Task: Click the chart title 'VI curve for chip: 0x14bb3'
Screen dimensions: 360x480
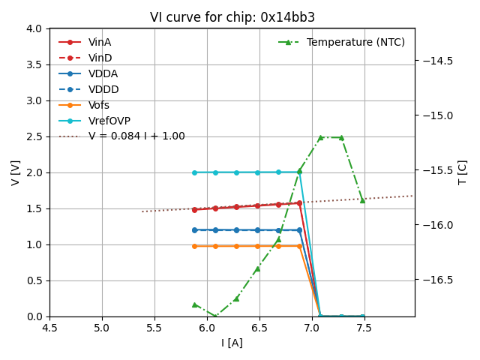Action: [232, 17]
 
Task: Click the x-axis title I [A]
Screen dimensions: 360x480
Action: [232, 343]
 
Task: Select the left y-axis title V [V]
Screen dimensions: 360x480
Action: [16, 172]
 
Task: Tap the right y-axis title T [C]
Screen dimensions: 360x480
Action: [463, 172]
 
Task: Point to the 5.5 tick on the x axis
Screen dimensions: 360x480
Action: [154, 328]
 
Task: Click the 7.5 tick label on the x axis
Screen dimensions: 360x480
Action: [364, 328]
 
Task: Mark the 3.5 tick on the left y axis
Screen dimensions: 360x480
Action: [35, 64]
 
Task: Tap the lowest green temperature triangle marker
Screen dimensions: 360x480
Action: [215, 316]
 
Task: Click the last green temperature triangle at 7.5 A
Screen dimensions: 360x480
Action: [362, 200]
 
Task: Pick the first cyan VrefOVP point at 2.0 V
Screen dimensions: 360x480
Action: [194, 172]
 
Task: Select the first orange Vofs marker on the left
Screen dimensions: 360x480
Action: [194, 246]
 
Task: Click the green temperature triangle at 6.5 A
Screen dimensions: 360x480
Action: [257, 268]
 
